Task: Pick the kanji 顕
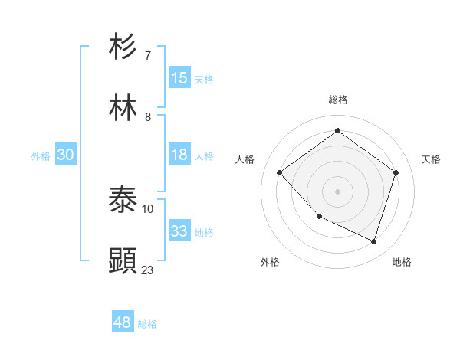click(123, 260)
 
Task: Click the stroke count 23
click(148, 270)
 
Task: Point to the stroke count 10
click(148, 208)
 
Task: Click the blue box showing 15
click(179, 77)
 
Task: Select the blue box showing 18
click(179, 155)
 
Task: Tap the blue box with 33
click(179, 231)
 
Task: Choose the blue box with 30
click(66, 155)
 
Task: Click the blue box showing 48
click(123, 322)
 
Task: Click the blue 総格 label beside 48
click(147, 324)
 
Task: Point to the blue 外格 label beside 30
click(41, 156)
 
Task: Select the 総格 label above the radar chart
click(338, 100)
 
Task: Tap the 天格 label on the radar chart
click(432, 159)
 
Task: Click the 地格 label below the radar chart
click(402, 262)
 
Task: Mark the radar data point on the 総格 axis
click(337, 131)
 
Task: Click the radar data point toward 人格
click(280, 172)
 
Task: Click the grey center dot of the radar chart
click(337, 191)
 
